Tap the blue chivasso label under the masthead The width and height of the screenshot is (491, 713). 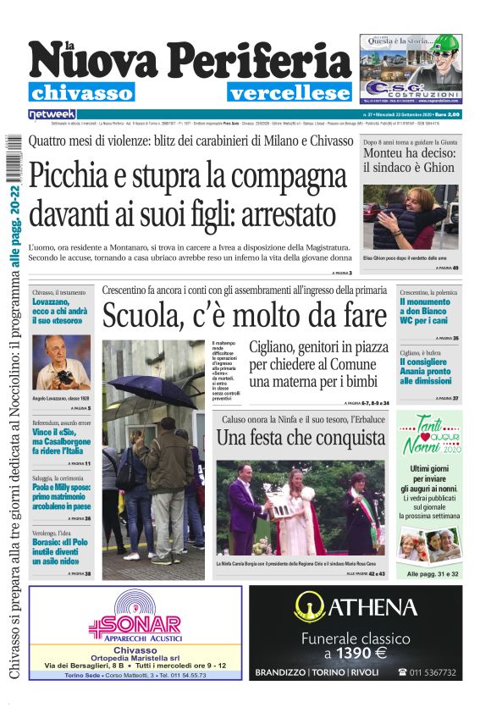[x=81, y=93]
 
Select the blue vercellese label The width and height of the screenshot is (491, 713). [x=289, y=93]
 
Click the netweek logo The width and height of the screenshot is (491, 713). [x=52, y=114]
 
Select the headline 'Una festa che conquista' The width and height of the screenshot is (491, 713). [x=301, y=438]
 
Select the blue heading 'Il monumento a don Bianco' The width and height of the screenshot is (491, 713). [x=426, y=307]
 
